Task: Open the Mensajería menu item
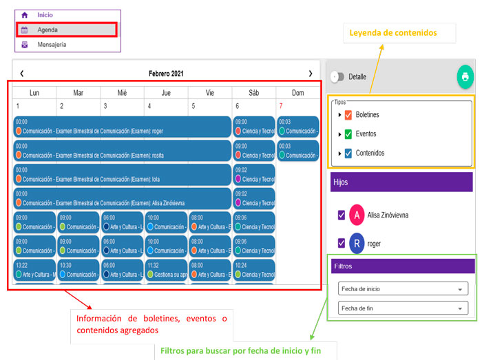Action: [52, 45]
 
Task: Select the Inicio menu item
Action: [45, 14]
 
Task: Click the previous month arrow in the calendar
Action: [22, 73]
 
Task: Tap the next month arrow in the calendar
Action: [311, 73]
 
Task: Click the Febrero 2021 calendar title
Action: [166, 73]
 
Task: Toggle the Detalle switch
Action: [337, 77]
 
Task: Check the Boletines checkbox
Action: [348, 115]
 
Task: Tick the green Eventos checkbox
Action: [348, 134]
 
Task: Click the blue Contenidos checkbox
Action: [348, 153]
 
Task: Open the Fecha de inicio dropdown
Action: [403, 289]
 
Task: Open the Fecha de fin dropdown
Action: [403, 308]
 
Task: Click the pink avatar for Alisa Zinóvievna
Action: [357, 215]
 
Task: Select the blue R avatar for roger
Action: [357, 244]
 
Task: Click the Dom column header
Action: [297, 92]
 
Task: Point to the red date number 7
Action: [280, 106]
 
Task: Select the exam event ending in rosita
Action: [123, 151]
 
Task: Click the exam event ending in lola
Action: [123, 175]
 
